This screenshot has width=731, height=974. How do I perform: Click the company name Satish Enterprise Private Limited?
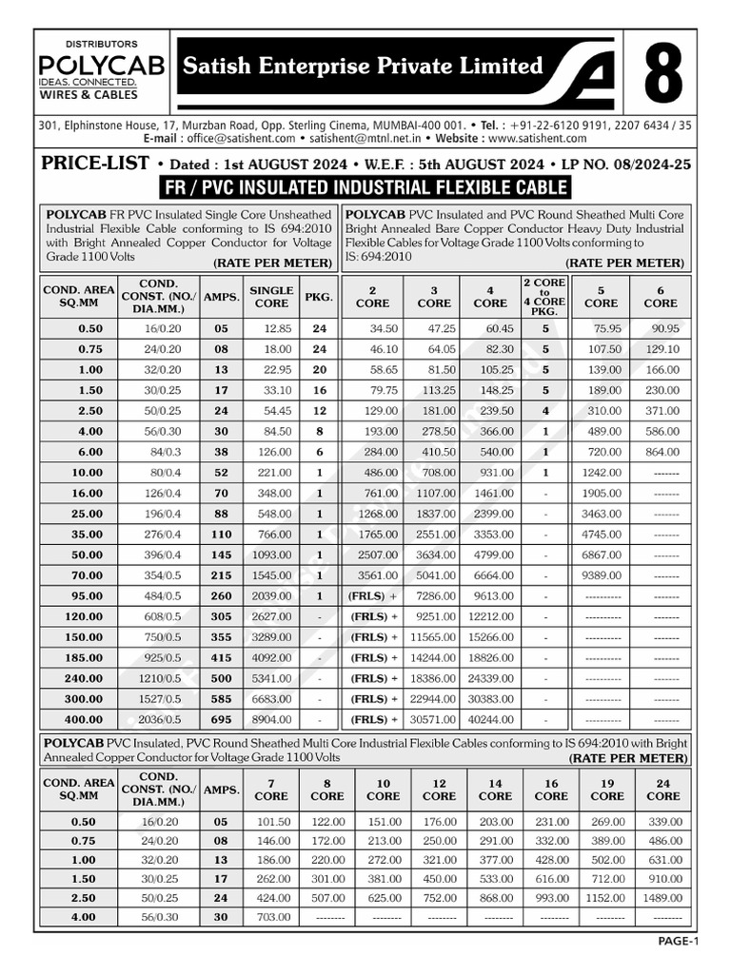point(363,66)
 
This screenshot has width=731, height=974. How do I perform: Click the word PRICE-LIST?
point(96,163)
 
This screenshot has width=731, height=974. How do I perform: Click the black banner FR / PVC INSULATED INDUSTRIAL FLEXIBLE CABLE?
point(365,186)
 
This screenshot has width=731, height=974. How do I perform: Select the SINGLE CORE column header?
point(271,297)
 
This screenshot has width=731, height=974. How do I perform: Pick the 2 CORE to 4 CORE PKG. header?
point(545,297)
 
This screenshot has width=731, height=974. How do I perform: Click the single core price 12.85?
point(271,329)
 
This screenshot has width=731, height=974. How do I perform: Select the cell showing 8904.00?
point(271,721)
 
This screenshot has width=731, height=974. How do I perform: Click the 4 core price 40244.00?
point(491,721)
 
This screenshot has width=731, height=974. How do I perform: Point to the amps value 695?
point(222,721)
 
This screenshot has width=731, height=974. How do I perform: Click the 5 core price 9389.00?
point(601,575)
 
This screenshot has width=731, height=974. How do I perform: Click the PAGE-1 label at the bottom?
point(678,942)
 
